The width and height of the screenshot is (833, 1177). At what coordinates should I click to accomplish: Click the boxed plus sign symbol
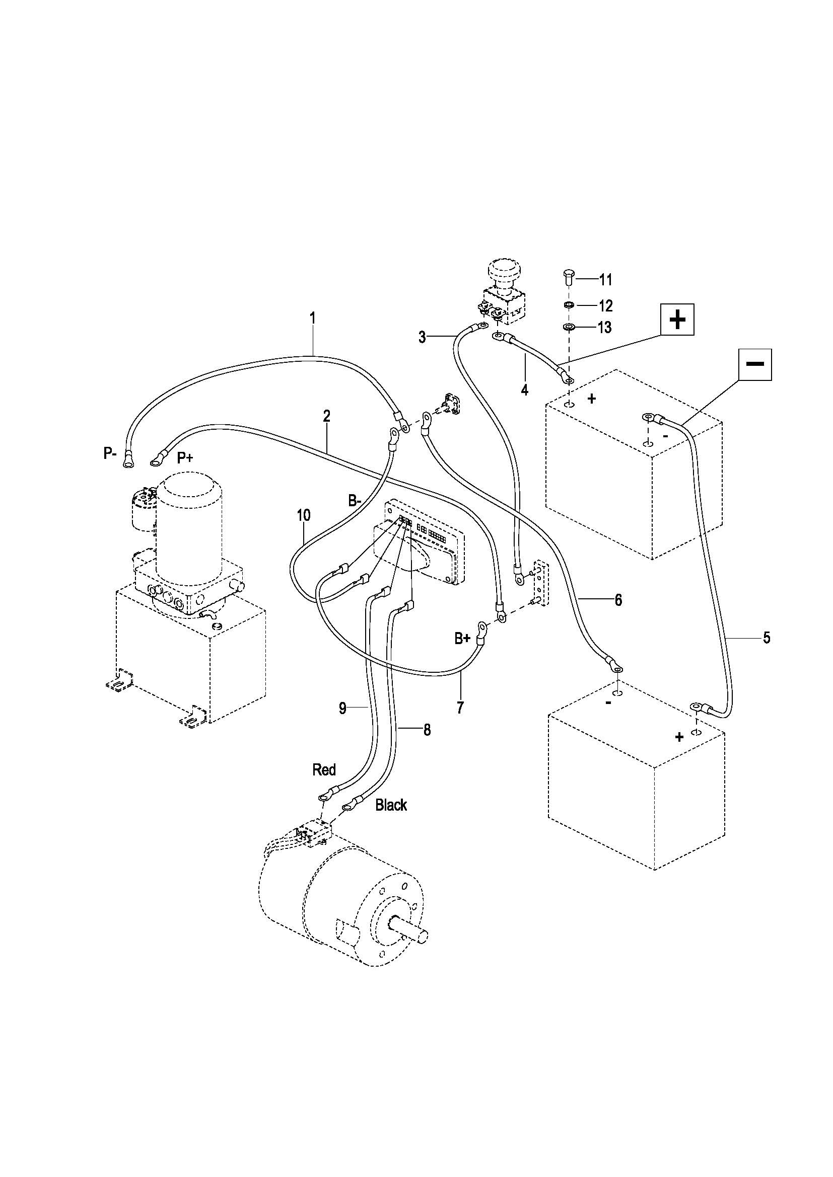pyautogui.click(x=677, y=320)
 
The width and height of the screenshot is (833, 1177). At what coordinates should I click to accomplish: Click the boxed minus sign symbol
pyautogui.click(x=755, y=364)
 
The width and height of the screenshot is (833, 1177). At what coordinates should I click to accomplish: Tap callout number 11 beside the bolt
pyautogui.click(x=605, y=280)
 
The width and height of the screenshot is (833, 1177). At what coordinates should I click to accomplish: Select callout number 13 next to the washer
pyautogui.click(x=605, y=327)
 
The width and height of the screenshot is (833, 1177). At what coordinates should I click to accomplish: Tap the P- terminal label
pyautogui.click(x=110, y=454)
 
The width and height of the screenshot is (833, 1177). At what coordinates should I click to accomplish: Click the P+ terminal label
pyautogui.click(x=185, y=458)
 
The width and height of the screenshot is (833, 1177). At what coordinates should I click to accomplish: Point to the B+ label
pyautogui.click(x=462, y=638)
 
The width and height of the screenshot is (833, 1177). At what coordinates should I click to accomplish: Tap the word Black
pyautogui.click(x=391, y=805)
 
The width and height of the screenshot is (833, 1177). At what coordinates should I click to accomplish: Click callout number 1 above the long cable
pyautogui.click(x=312, y=318)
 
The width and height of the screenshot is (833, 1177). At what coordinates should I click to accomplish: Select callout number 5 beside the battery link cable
pyautogui.click(x=767, y=638)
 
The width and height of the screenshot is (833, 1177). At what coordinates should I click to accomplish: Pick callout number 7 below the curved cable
pyautogui.click(x=460, y=708)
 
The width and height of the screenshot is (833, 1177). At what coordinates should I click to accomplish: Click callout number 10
pyautogui.click(x=304, y=515)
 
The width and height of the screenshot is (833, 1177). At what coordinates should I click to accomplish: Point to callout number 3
pyautogui.click(x=422, y=337)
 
